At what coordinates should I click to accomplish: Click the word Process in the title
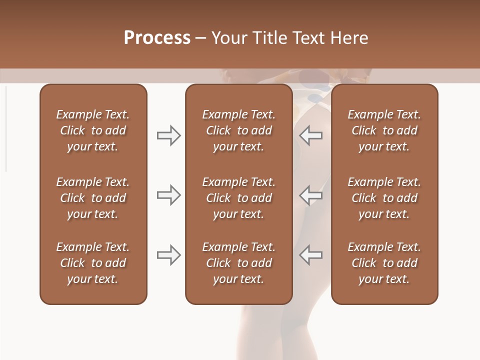(x=157, y=38)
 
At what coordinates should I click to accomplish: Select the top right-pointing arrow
(x=168, y=135)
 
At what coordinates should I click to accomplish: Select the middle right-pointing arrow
(x=168, y=195)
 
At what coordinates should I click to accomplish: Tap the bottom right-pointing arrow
(x=168, y=255)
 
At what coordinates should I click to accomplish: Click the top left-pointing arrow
(x=310, y=135)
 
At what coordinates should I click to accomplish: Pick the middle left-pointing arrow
(x=310, y=195)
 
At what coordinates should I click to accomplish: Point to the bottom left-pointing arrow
(x=310, y=255)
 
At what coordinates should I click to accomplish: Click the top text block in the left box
(x=93, y=130)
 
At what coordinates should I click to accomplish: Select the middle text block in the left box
(x=93, y=198)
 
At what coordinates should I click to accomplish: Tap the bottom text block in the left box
(x=93, y=263)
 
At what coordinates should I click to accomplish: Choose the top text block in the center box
(x=239, y=130)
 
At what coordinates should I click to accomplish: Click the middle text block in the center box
(x=239, y=198)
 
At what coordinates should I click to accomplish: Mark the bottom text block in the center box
(x=239, y=263)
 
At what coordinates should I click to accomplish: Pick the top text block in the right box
(x=384, y=130)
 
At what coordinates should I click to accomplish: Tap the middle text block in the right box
(x=384, y=198)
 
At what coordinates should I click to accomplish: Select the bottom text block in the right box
(x=384, y=263)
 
